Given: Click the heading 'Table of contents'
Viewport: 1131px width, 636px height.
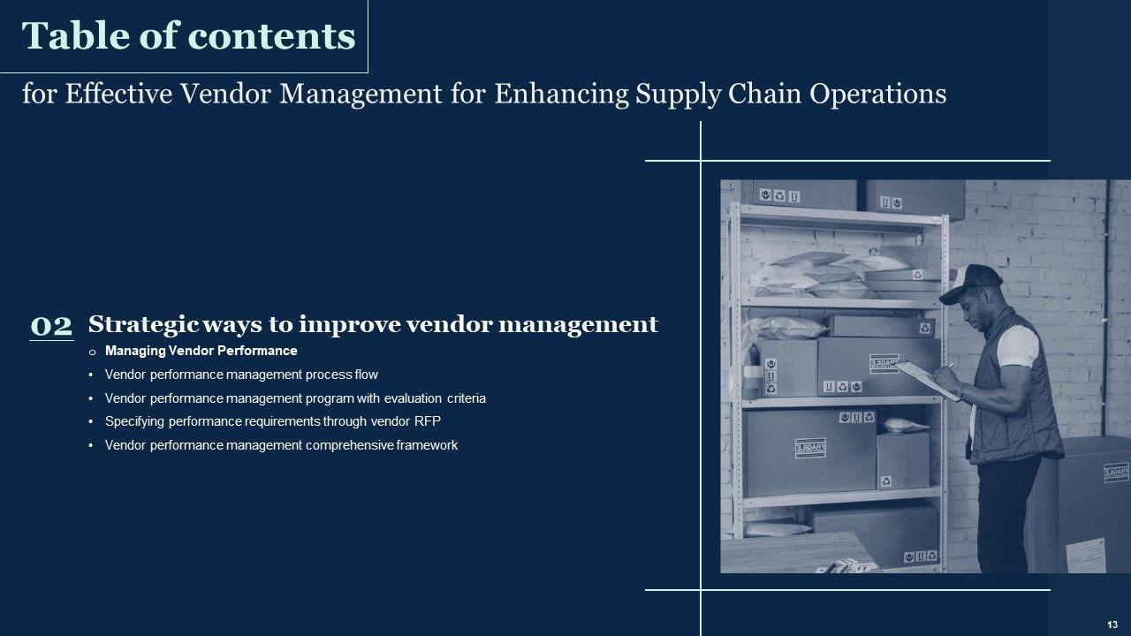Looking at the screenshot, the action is pyautogui.click(x=188, y=36).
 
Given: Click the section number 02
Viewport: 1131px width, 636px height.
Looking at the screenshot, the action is pyautogui.click(x=51, y=326).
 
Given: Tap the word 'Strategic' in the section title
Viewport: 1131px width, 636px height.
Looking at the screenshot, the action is pyautogui.click(x=143, y=324).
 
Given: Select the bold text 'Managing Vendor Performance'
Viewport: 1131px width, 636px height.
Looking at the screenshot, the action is pyautogui.click(x=201, y=351).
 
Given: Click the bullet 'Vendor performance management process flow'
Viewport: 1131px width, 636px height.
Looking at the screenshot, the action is pyautogui.click(x=241, y=375).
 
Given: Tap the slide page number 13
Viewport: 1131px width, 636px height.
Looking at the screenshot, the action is pyautogui.click(x=1112, y=625).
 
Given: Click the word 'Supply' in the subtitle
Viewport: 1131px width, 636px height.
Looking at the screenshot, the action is pyautogui.click(x=678, y=95).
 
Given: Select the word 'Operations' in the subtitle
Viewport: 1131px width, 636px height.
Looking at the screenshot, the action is pyautogui.click(x=878, y=95).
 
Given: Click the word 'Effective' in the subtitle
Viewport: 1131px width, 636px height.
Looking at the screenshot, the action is pyautogui.click(x=118, y=94).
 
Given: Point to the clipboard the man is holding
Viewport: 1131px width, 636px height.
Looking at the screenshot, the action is pyautogui.click(x=928, y=380).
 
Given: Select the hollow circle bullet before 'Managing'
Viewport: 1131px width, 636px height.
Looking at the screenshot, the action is pyautogui.click(x=92, y=352).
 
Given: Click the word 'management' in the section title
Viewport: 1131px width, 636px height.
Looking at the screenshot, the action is pyautogui.click(x=578, y=325).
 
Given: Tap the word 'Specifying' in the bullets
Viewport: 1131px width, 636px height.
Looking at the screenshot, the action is pyautogui.click(x=134, y=421).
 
